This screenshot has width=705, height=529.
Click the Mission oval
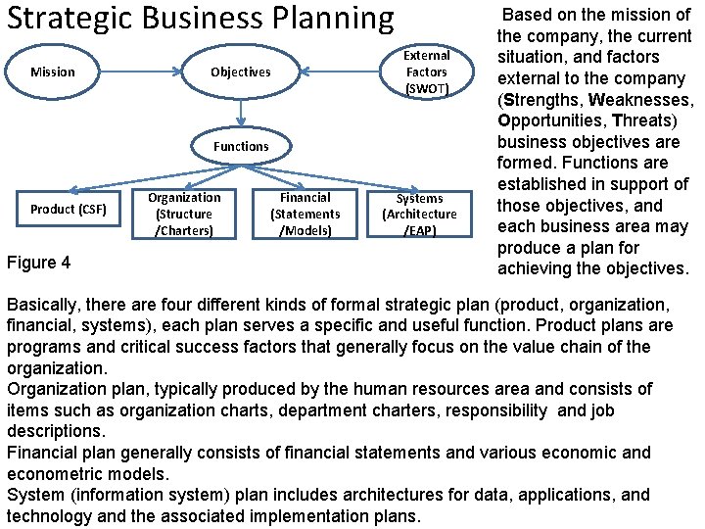(53, 72)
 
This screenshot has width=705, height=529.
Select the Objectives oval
(240, 72)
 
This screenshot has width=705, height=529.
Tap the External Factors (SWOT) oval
(426, 72)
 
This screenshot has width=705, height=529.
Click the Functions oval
(240, 146)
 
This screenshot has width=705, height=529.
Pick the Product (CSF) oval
(68, 209)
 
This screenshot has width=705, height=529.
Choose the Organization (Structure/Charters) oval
(184, 214)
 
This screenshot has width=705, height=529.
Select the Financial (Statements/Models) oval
(305, 214)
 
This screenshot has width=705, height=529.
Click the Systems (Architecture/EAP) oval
(419, 214)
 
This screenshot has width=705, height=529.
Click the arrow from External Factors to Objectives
(338, 72)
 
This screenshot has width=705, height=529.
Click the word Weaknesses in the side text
(642, 100)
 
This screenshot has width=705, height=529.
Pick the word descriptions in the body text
(54, 431)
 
